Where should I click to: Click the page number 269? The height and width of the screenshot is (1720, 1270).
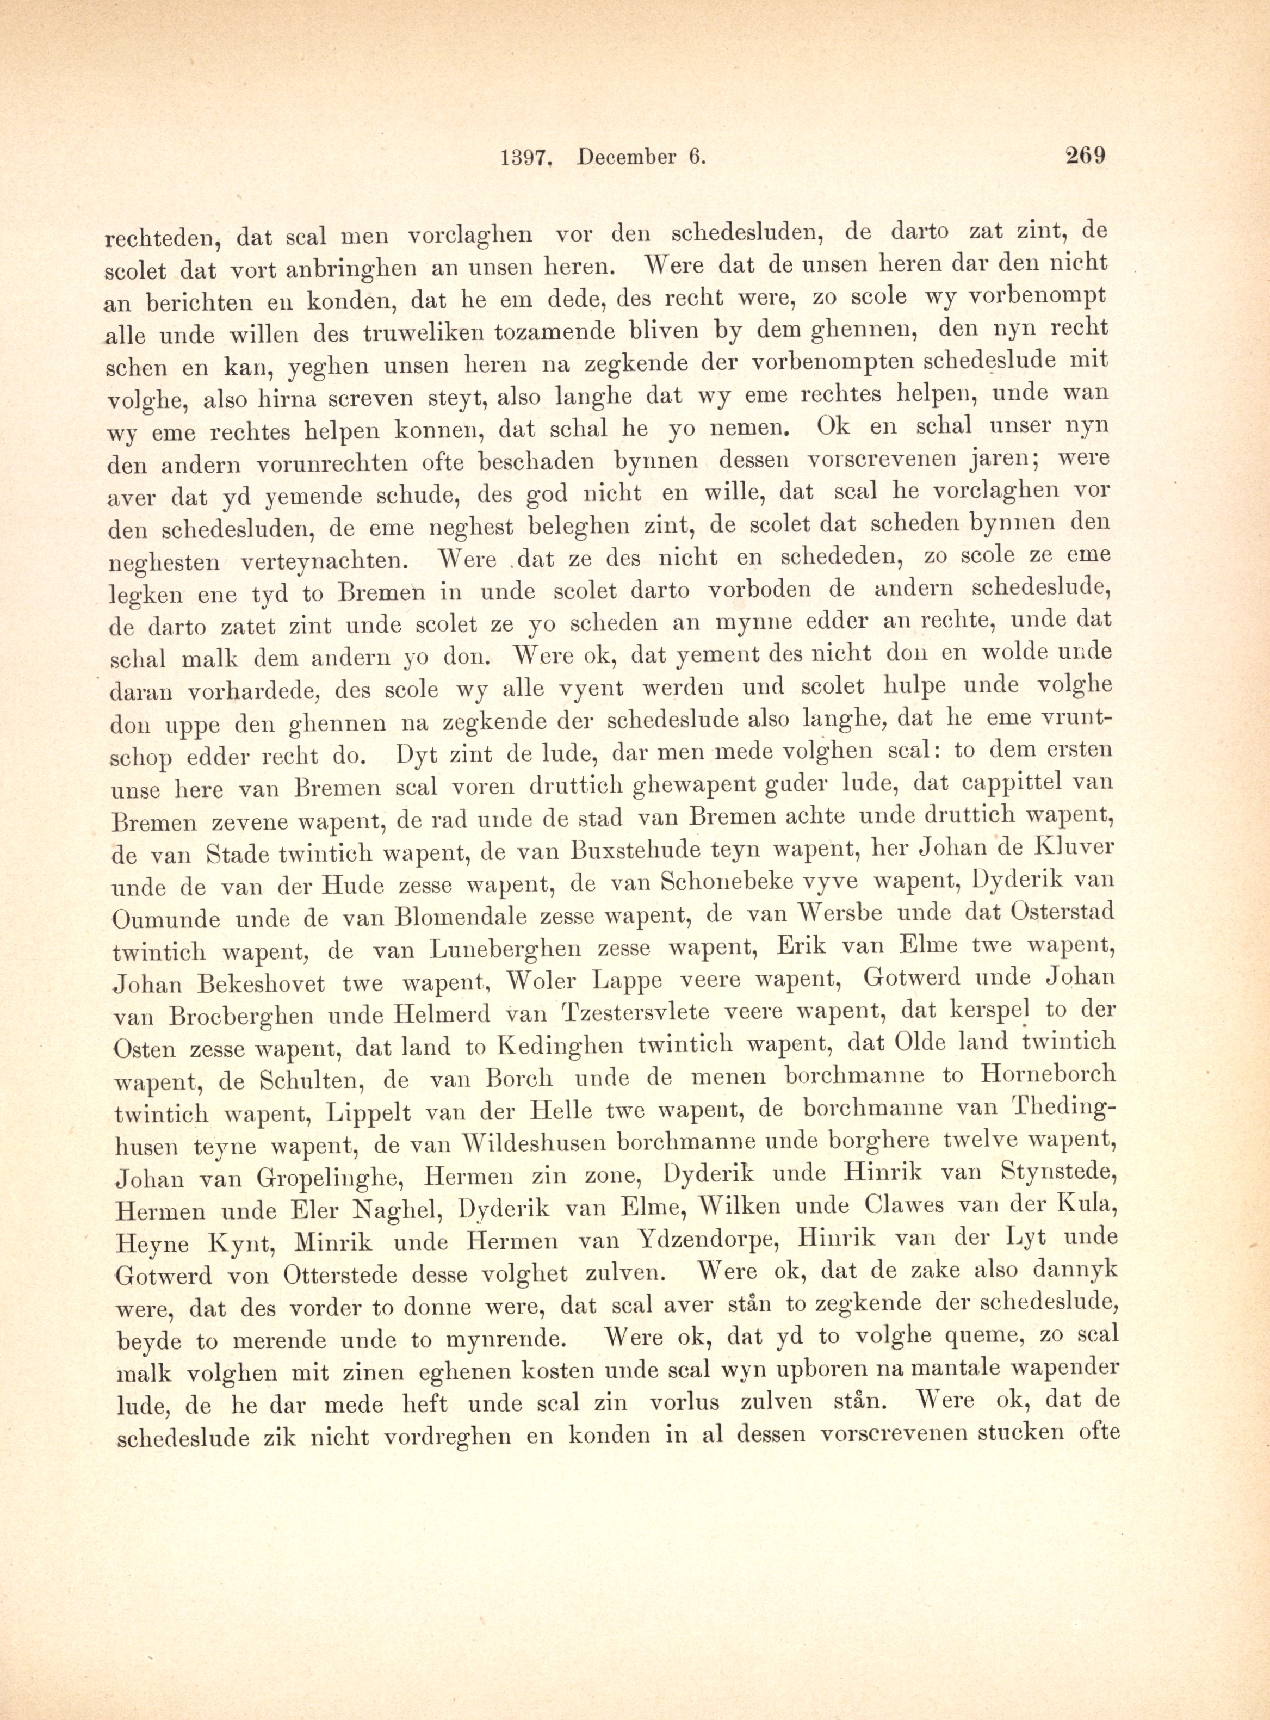[x=1084, y=156]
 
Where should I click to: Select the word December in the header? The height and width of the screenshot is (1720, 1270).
[x=626, y=158]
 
